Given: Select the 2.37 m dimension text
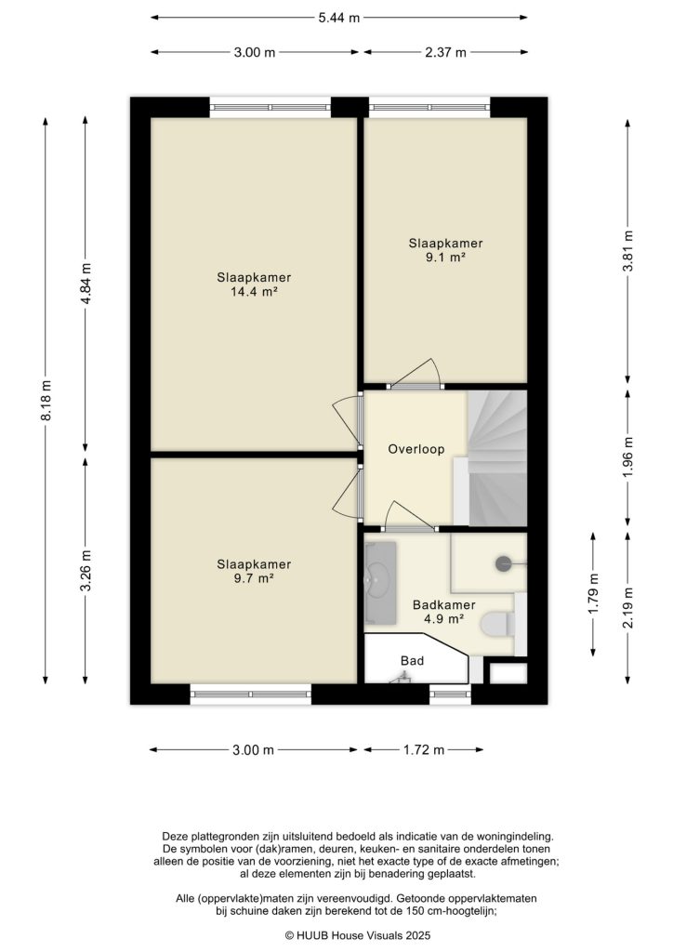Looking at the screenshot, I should pyautogui.click(x=445, y=53).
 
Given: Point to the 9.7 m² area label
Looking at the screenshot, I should pyautogui.click(x=254, y=578).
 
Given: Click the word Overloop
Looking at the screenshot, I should pyautogui.click(x=416, y=449).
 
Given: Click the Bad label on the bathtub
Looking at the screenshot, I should pyautogui.click(x=412, y=661).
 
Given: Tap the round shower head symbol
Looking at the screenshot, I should pyautogui.click(x=504, y=562).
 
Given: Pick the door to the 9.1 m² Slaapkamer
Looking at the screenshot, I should pyautogui.click(x=415, y=377).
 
